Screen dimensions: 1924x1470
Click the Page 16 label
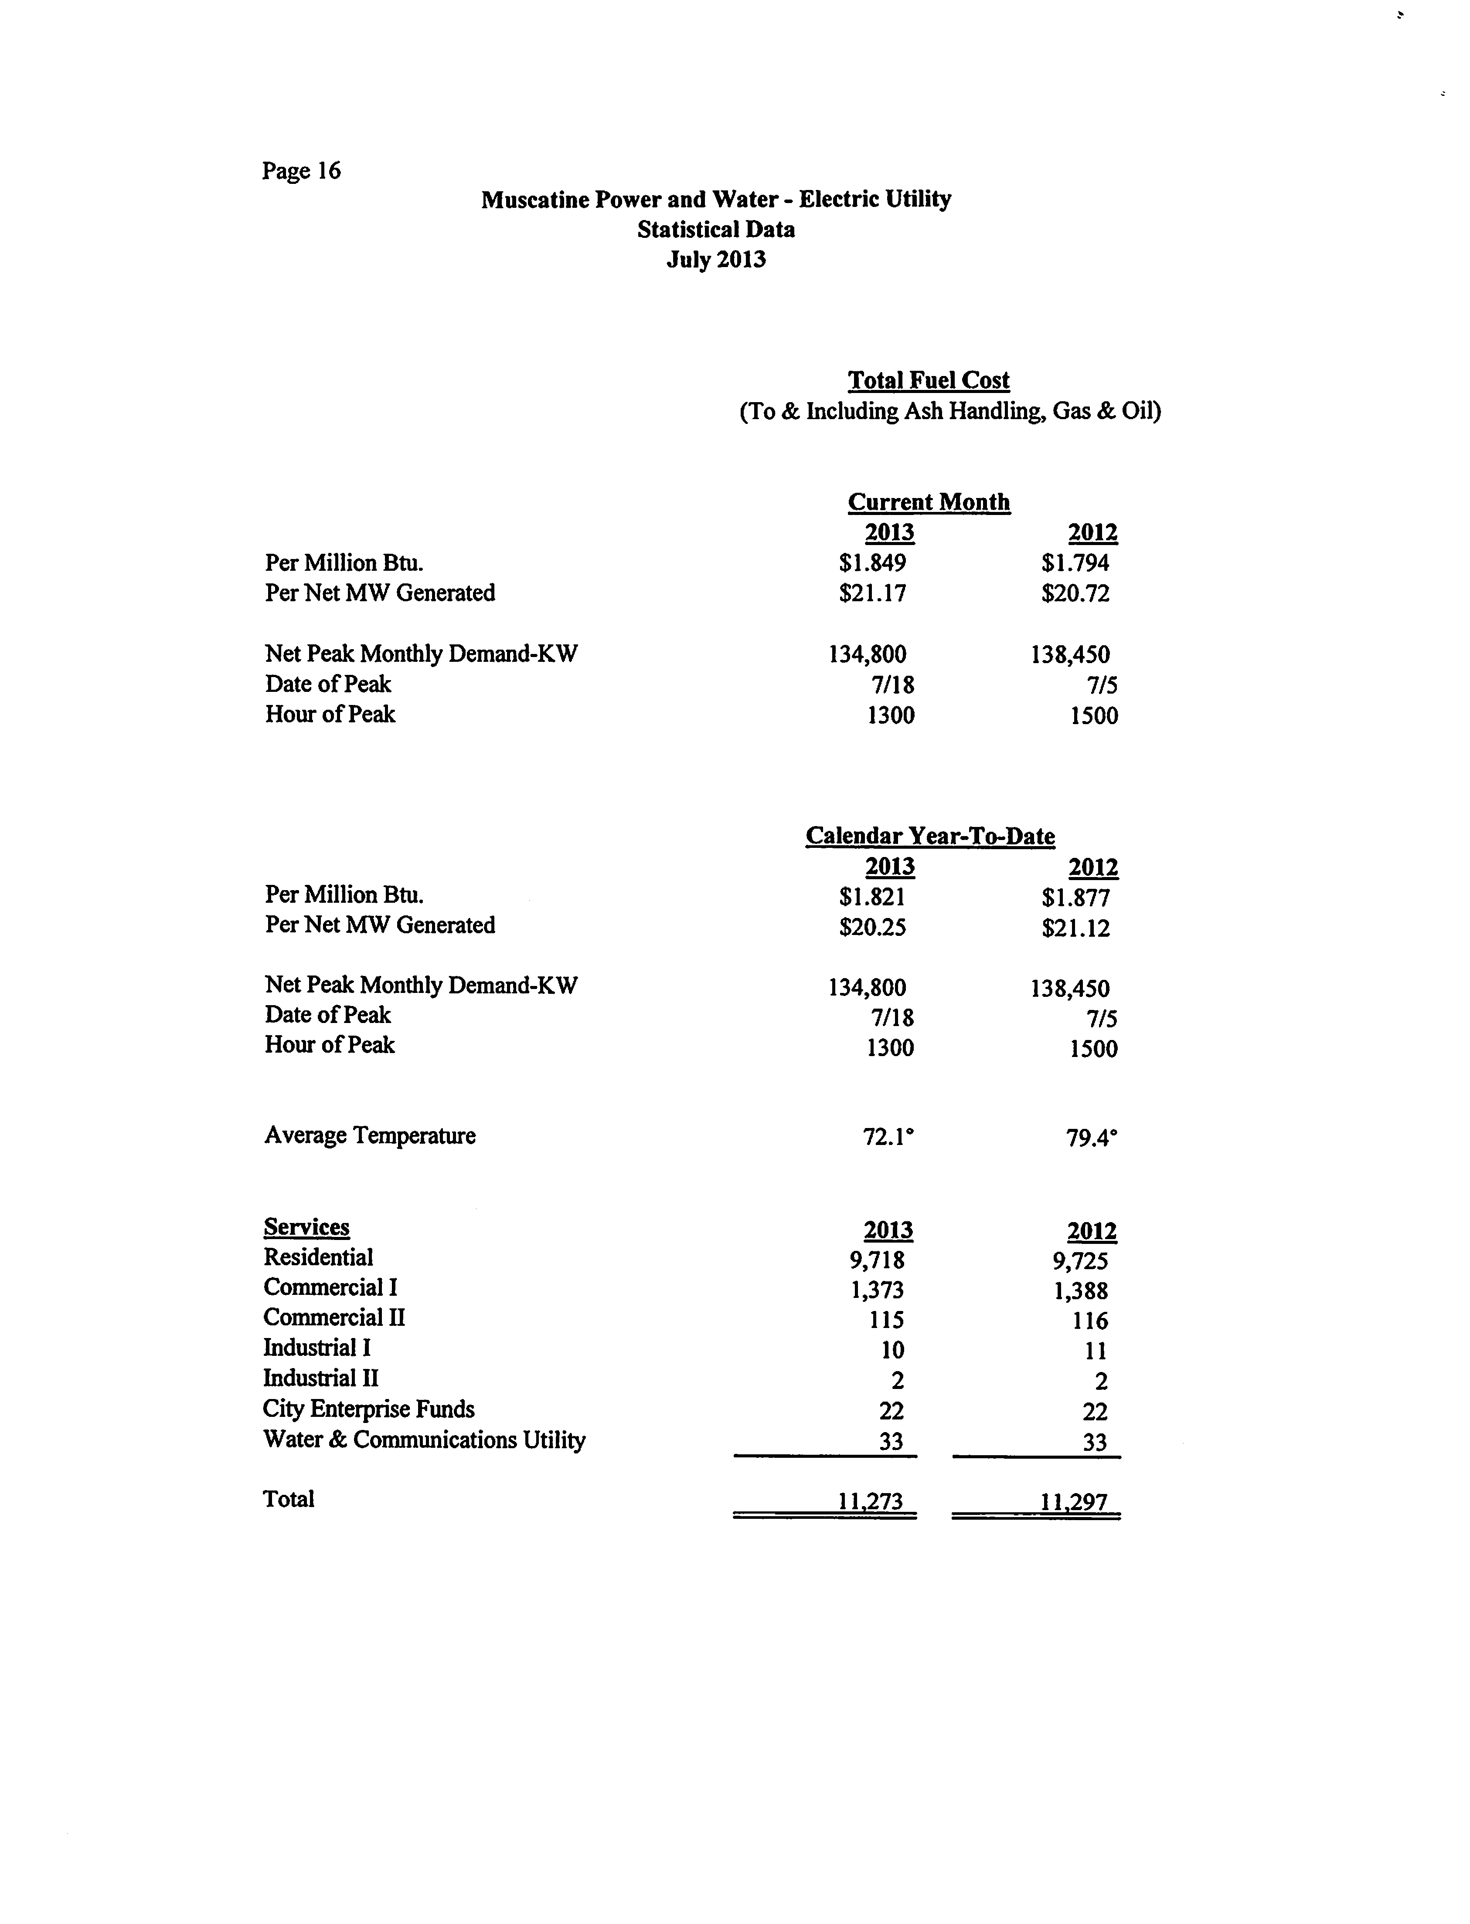pos(301,170)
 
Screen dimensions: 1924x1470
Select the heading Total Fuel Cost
pos(929,380)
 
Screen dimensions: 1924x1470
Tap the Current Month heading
pos(929,502)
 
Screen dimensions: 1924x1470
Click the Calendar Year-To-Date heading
pos(930,836)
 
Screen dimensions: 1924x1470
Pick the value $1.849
pos(872,563)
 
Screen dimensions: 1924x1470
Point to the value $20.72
pos(1075,594)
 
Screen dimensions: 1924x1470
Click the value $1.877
pos(1075,898)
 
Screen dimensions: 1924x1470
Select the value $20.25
pos(872,927)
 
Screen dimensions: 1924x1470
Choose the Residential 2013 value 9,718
pos(877,1260)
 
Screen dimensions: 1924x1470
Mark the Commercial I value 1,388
pos(1081,1291)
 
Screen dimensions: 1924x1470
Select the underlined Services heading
pos(306,1227)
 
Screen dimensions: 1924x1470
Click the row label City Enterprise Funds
pos(368,1409)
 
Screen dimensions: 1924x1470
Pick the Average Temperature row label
pos(370,1135)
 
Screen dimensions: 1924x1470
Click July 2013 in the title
pos(716,260)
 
